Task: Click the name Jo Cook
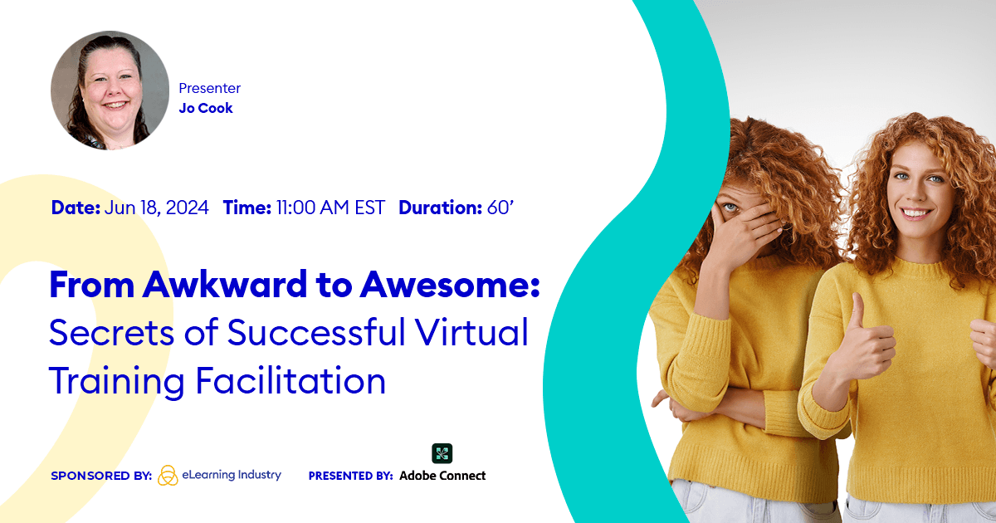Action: click(206, 108)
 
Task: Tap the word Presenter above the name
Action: click(209, 88)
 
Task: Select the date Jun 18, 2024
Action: click(157, 208)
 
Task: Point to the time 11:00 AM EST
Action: click(330, 208)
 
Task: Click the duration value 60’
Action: click(500, 208)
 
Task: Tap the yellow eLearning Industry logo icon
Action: click(168, 475)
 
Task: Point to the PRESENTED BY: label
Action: click(350, 476)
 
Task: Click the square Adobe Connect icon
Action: click(442, 453)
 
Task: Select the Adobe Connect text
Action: click(442, 476)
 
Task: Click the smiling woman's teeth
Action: click(914, 213)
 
